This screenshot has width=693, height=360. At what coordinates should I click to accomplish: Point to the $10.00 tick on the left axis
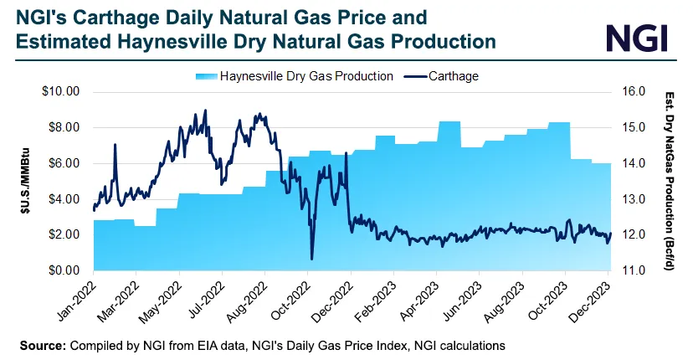(x=60, y=91)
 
